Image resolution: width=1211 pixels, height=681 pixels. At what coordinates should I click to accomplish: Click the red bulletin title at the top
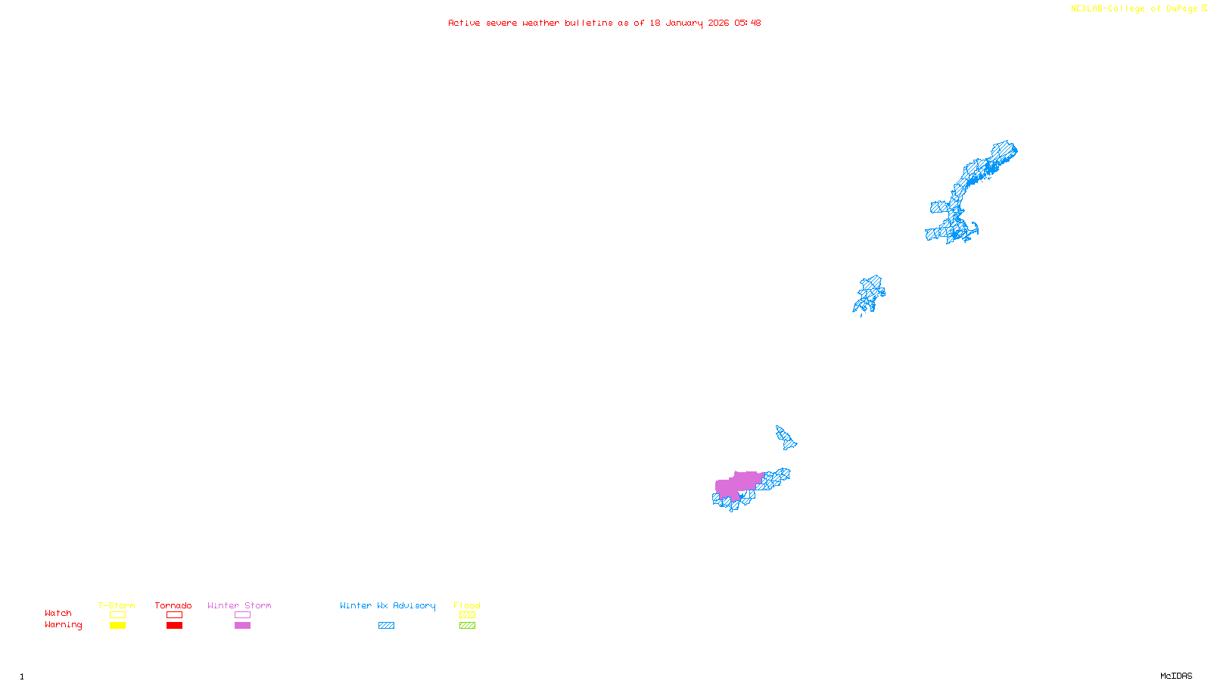tap(604, 23)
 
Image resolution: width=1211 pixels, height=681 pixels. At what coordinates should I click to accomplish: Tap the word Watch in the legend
tap(58, 613)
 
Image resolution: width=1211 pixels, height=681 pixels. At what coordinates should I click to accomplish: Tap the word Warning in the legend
tap(63, 625)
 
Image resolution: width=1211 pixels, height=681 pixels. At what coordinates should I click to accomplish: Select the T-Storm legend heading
tap(117, 605)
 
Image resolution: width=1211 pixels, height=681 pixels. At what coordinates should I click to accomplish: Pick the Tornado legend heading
tap(173, 605)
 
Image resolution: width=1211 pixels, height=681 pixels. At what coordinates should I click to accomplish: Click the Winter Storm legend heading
tap(239, 605)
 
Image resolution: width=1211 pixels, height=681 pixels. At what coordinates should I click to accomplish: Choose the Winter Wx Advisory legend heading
tap(388, 605)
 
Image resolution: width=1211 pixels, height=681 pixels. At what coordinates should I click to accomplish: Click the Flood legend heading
tap(467, 605)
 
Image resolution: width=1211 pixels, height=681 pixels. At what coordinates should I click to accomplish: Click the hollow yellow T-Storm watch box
tap(117, 615)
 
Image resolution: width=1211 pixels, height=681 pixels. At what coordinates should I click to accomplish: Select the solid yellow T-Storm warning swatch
tap(117, 626)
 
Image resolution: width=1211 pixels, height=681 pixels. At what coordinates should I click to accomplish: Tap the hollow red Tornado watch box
tap(174, 615)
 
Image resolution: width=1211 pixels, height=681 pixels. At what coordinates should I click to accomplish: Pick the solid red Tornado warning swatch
tap(174, 626)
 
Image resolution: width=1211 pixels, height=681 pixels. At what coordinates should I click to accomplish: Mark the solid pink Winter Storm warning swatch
tap(242, 626)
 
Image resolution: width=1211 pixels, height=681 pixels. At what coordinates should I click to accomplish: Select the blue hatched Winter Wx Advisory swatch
tap(386, 626)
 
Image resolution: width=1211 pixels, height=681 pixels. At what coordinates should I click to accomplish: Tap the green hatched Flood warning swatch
tap(467, 626)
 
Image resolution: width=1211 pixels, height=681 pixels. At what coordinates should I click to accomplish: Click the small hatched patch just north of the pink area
tap(786, 437)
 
